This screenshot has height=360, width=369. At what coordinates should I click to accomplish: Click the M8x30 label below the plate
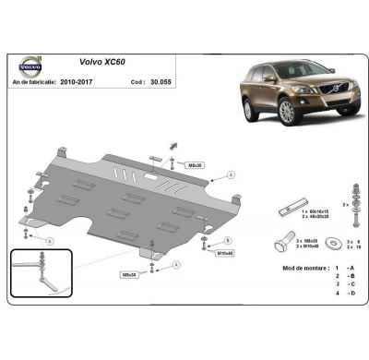(x=129, y=274)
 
